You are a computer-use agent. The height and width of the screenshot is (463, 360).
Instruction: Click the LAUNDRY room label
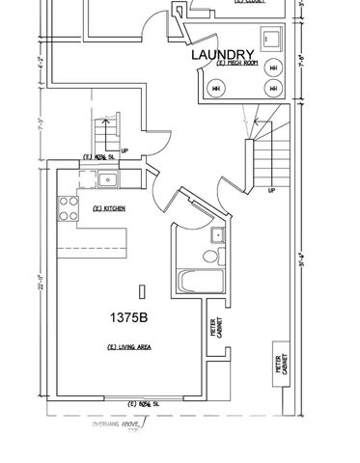[x=223, y=55]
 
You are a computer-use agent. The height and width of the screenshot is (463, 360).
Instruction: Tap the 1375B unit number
[x=142, y=315]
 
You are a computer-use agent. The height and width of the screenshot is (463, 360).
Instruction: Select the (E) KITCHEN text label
[x=109, y=209]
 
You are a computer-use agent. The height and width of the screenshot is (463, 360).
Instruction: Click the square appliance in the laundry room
[x=271, y=40]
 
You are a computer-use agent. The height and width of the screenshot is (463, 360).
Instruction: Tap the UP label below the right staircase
[x=270, y=190]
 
